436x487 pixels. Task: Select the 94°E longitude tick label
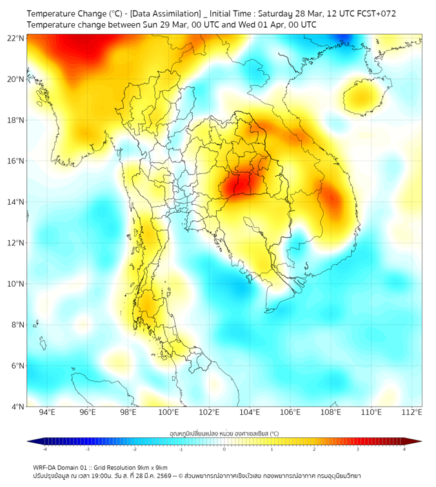[x=47, y=412]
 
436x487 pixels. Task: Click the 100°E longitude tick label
[x=169, y=412]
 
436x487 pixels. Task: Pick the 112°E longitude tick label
[x=412, y=412]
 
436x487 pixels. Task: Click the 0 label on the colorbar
[x=224, y=449]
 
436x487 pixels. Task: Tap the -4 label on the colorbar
[x=44, y=449]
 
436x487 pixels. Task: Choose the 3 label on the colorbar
[x=358, y=449]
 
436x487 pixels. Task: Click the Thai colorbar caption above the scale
[x=224, y=433]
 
